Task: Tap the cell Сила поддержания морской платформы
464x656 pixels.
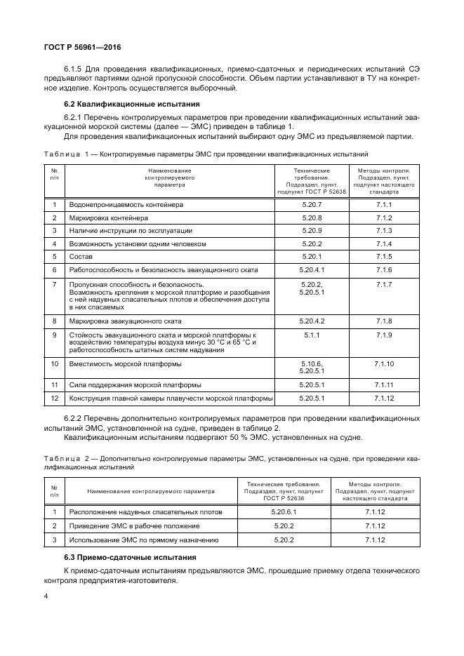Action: pyautogui.click(x=135, y=385)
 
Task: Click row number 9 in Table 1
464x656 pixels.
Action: pyautogui.click(x=54, y=335)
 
